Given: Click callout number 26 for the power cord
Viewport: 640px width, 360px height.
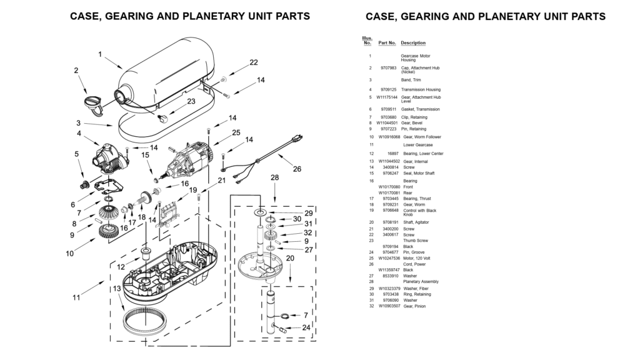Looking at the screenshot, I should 296,169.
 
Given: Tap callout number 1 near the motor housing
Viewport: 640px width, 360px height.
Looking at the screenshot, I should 100,54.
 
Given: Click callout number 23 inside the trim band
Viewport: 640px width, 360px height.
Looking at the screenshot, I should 191,101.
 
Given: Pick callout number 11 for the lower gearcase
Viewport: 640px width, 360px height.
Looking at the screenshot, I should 76,297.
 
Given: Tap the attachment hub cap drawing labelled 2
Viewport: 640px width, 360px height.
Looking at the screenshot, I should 94,102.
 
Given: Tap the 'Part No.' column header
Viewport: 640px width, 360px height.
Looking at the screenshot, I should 387,43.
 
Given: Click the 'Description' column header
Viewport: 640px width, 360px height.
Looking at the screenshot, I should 413,43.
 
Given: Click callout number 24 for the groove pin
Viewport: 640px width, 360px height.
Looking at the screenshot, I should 306,327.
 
